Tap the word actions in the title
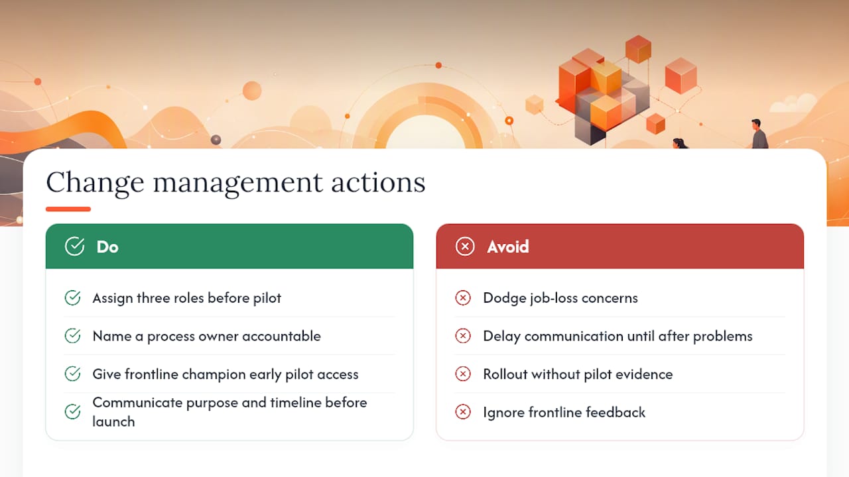coord(378,182)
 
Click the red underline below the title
coord(68,209)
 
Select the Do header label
coord(107,247)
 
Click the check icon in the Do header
coord(75,246)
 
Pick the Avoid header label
coord(508,247)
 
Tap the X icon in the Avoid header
coord(465,246)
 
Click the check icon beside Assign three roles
coord(72,297)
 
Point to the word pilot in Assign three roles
coord(267,298)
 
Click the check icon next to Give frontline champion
coord(72,374)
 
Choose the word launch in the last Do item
coord(113,422)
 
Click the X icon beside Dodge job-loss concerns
coord(463,297)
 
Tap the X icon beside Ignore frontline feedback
coord(463,412)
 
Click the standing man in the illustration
coord(759,134)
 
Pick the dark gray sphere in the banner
coord(216,140)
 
